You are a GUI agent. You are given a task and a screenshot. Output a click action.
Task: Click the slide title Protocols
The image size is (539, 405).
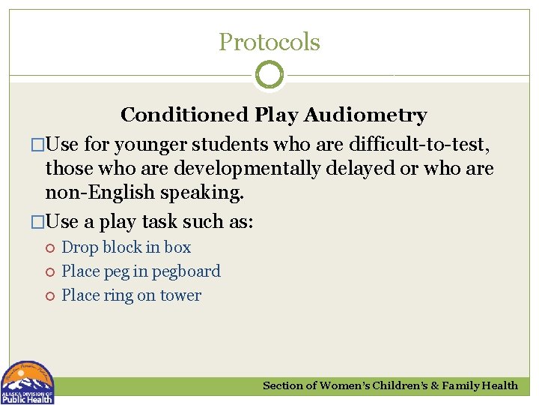click(x=269, y=42)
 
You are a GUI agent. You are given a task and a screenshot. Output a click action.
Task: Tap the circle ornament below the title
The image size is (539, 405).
click(x=269, y=75)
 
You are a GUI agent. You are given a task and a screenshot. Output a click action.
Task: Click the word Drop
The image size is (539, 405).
click(x=80, y=247)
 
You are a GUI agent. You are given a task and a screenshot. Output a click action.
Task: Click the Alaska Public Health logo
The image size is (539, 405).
click(x=28, y=382)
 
